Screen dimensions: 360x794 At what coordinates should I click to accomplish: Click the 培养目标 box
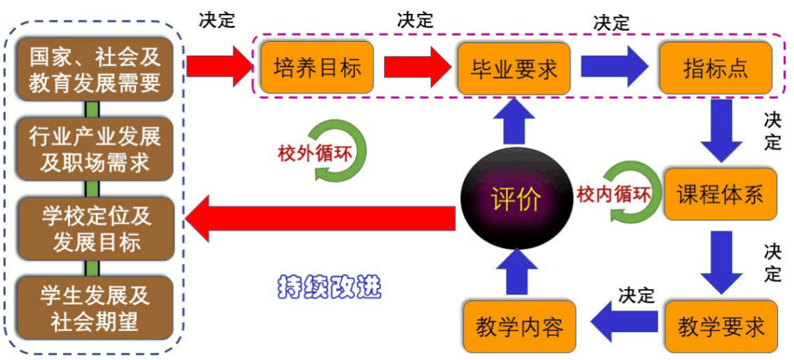pyautogui.click(x=317, y=68)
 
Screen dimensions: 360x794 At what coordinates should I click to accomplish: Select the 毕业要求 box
pyautogui.click(x=513, y=68)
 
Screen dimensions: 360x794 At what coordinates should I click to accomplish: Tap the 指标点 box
pyautogui.click(x=715, y=68)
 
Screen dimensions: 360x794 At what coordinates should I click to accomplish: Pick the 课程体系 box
pyautogui.click(x=720, y=195)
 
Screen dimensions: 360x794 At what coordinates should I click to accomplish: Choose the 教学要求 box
pyautogui.click(x=720, y=326)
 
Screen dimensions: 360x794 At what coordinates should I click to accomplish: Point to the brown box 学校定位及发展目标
pyautogui.click(x=95, y=228)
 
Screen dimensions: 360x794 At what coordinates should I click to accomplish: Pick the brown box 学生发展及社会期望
pyautogui.click(x=95, y=307)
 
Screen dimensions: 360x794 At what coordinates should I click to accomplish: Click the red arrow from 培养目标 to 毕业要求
pyautogui.click(x=416, y=68)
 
